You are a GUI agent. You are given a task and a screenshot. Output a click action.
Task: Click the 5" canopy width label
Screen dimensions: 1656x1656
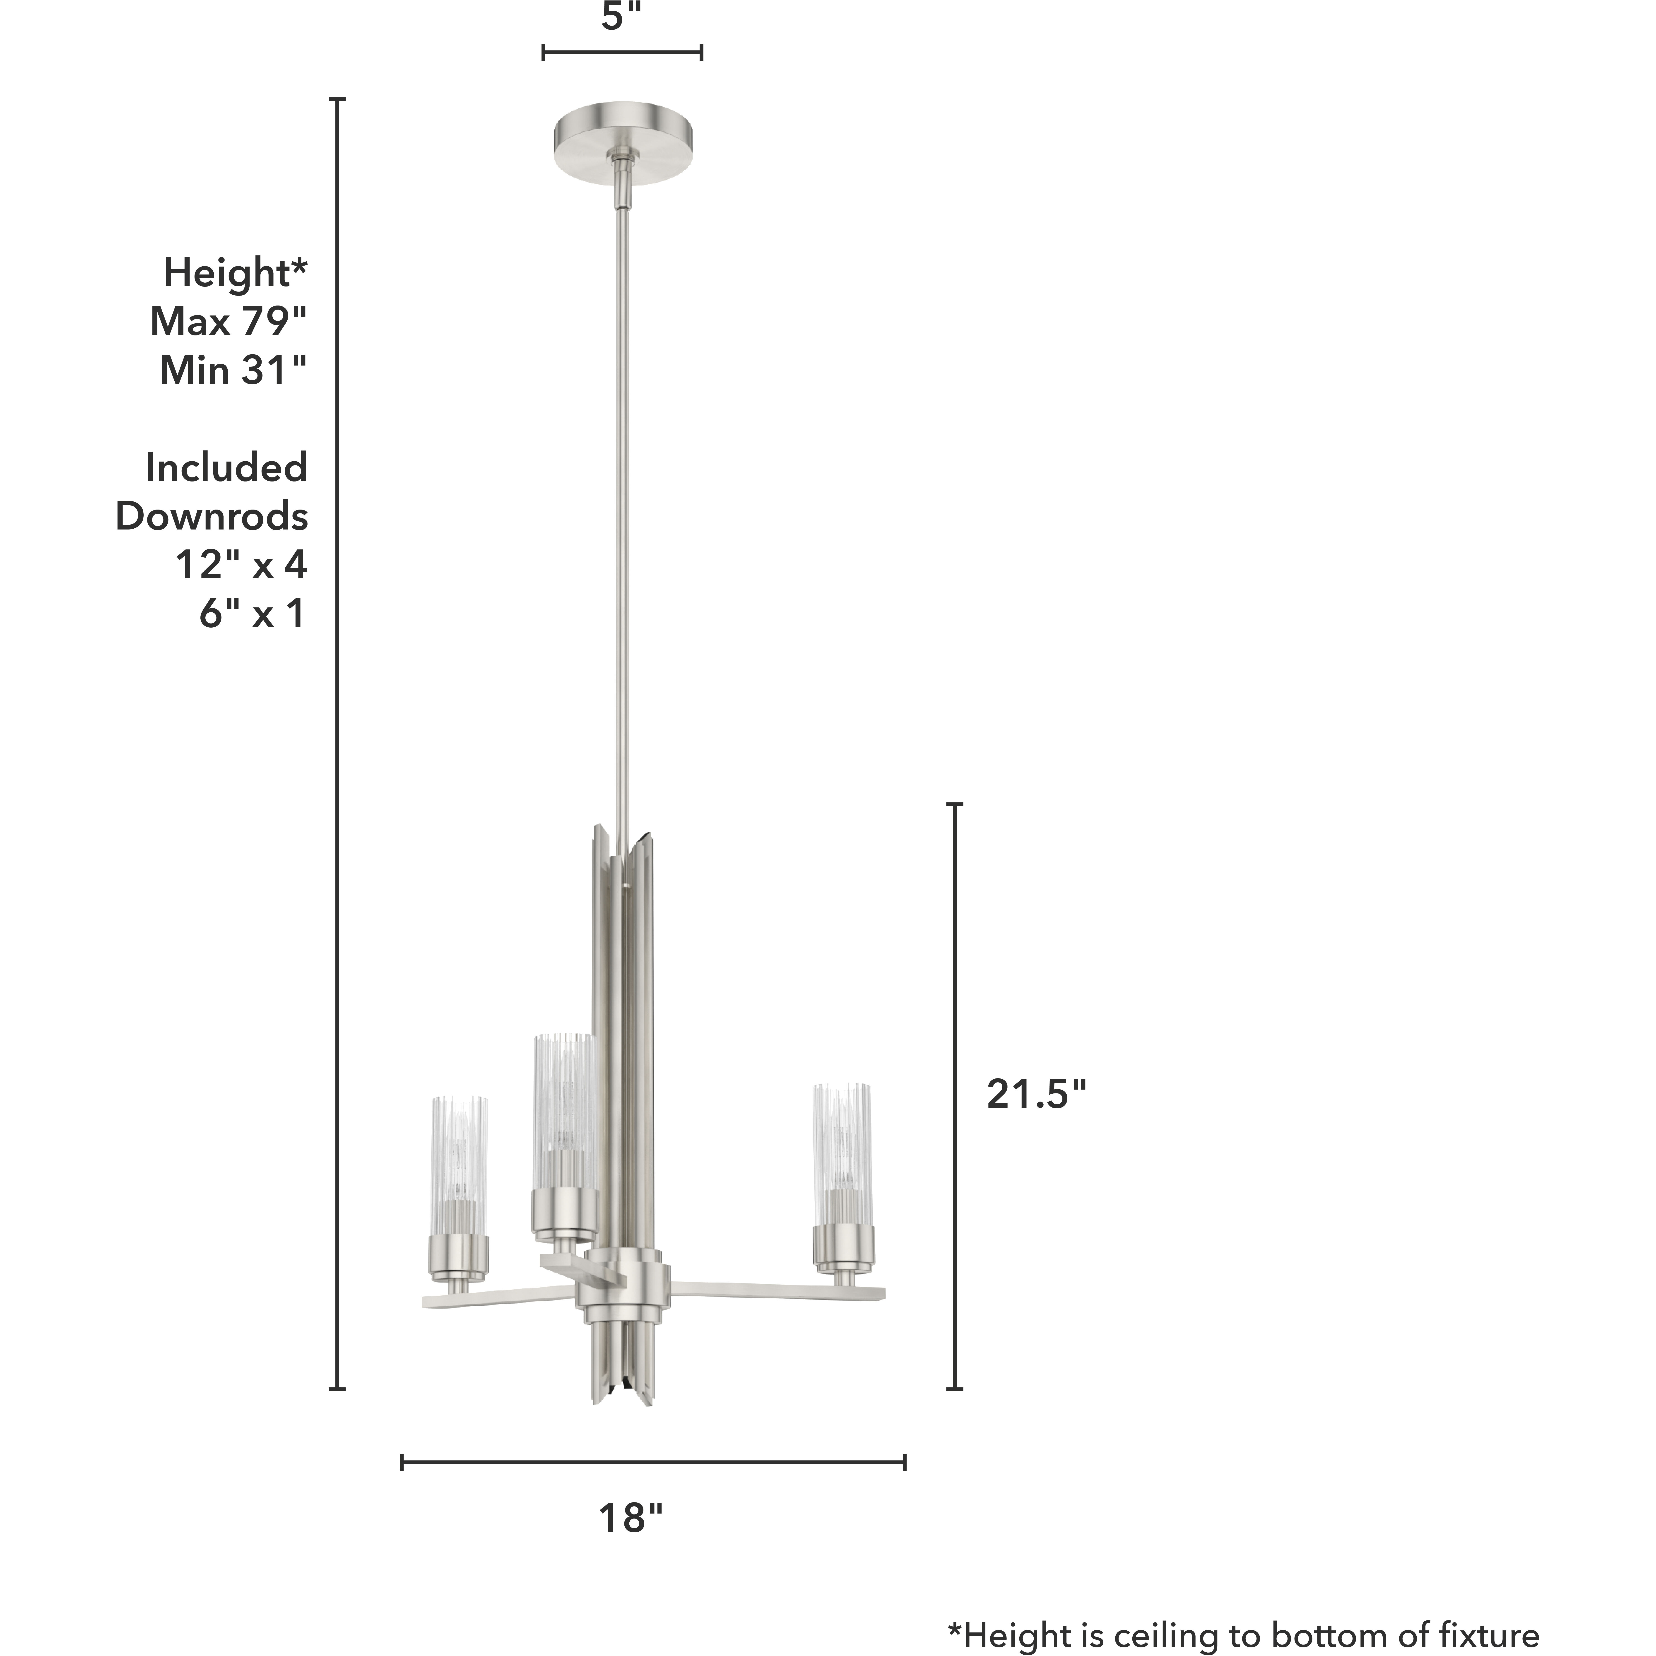622,17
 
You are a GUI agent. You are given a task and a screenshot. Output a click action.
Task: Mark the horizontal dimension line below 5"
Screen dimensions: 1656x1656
622,52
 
